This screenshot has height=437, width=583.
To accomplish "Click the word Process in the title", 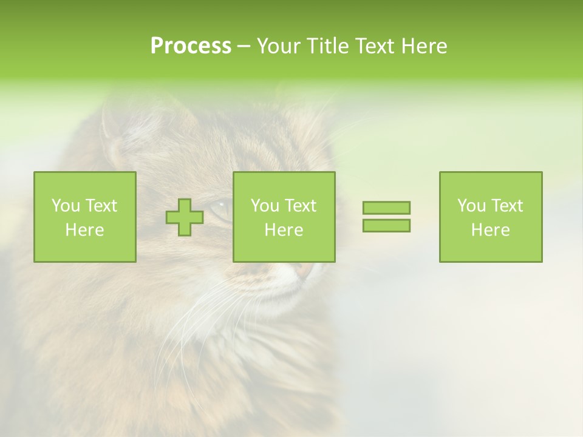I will tap(191, 46).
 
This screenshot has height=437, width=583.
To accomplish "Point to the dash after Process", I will tap(244, 47).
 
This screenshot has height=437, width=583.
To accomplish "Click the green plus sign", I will tap(185, 217).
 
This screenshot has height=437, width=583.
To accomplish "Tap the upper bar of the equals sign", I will tap(386, 208).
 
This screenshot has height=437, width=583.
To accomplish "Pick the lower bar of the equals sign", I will tap(386, 225).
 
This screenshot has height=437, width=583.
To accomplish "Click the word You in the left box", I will tap(65, 206).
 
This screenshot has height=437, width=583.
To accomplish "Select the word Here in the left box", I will tap(84, 230).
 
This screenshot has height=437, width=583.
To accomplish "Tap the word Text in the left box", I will tap(100, 206).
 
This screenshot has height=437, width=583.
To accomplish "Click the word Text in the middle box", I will tap(300, 206).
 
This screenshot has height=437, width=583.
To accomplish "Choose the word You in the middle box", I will tap(265, 206).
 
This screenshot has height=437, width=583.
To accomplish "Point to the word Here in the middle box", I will tap(284, 230).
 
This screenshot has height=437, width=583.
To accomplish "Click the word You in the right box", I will tap(471, 206).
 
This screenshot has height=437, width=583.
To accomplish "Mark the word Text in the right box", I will tap(506, 206).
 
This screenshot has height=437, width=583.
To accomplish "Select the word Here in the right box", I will tap(490, 230).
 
